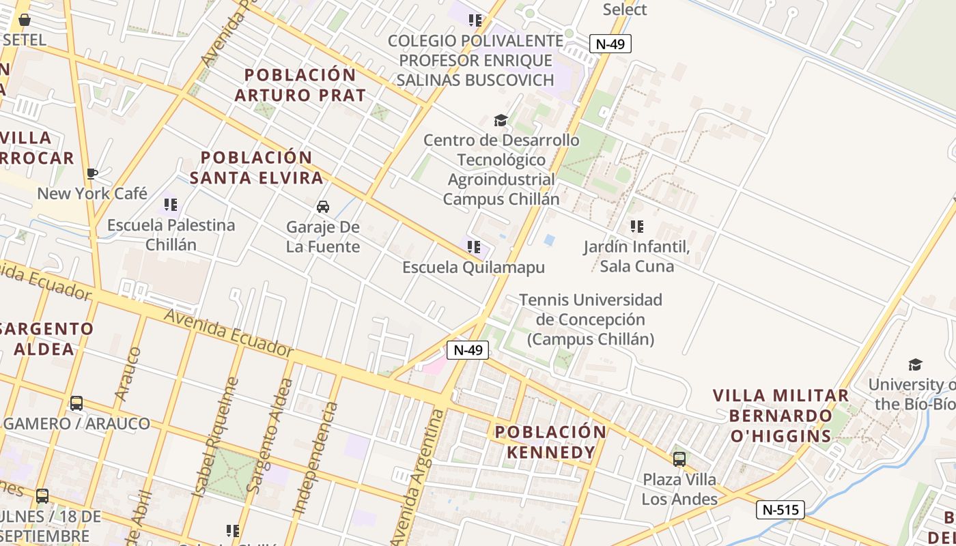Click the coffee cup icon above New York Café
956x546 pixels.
pos(92,173)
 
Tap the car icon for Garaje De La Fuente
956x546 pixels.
pos(323,206)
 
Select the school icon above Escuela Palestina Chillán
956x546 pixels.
pos(171,204)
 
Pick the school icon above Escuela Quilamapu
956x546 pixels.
pos(474,246)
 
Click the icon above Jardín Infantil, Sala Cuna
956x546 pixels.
pos(637,226)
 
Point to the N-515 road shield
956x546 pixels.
pos(781,509)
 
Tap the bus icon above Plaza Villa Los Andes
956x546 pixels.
pos(679,459)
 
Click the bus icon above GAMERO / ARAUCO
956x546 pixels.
pos(76,403)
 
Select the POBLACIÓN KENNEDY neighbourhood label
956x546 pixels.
pos(550,442)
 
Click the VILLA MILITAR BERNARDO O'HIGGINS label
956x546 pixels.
pos(781,416)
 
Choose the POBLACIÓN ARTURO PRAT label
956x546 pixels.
pos(300,85)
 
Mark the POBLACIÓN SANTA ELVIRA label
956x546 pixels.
pos(257,167)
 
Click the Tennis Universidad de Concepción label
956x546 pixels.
pos(591,319)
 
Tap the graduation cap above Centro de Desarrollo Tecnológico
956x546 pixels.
pos(501,121)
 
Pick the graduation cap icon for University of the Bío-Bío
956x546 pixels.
pos(915,364)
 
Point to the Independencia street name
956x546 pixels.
pos(315,457)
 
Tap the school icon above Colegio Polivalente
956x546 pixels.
pos(475,20)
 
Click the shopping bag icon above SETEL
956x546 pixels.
pos(25,20)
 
